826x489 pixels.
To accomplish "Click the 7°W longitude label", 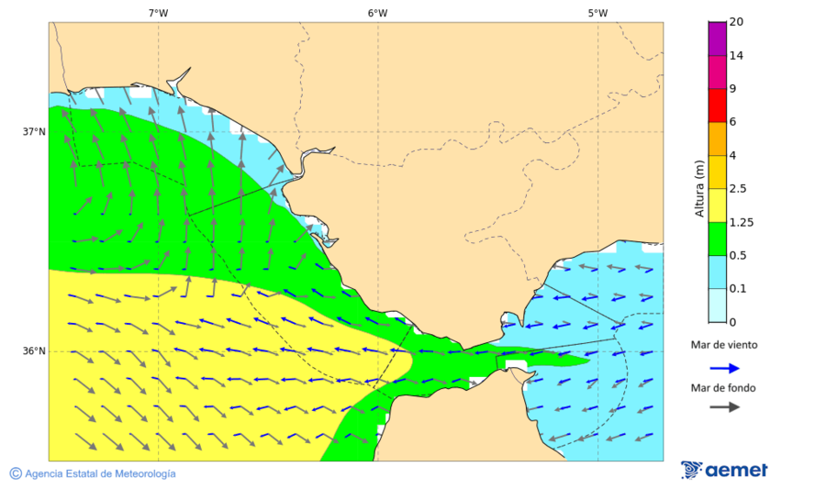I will pos(158,13).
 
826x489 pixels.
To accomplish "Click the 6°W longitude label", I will pos(377,13).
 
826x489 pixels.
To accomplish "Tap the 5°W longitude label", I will pos(597,13).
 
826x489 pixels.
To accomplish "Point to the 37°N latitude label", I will pos(34,131).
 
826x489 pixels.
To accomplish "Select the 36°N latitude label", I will pos(34,350).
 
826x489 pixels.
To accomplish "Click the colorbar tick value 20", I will pos(736,22).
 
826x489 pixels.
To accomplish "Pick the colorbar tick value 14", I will pos(736,55).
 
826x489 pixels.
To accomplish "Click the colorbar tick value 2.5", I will pos(738,189).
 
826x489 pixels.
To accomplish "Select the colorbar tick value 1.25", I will pos(741,222).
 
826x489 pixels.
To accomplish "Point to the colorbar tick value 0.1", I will pos(738,289).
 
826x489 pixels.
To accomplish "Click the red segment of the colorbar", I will pos(717,106).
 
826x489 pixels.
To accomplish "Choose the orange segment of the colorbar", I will pos(717,139).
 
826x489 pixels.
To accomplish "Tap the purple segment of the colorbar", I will pos(717,39).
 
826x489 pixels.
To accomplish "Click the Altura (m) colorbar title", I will pos(699,189).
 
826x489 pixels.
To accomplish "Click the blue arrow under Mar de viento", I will pos(724,368).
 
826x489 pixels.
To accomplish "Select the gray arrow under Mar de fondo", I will pos(724,406).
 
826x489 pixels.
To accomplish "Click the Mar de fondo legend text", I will pos(724,388).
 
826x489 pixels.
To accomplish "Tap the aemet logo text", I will pos(735,471).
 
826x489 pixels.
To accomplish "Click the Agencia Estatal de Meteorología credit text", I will pos(100,473).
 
